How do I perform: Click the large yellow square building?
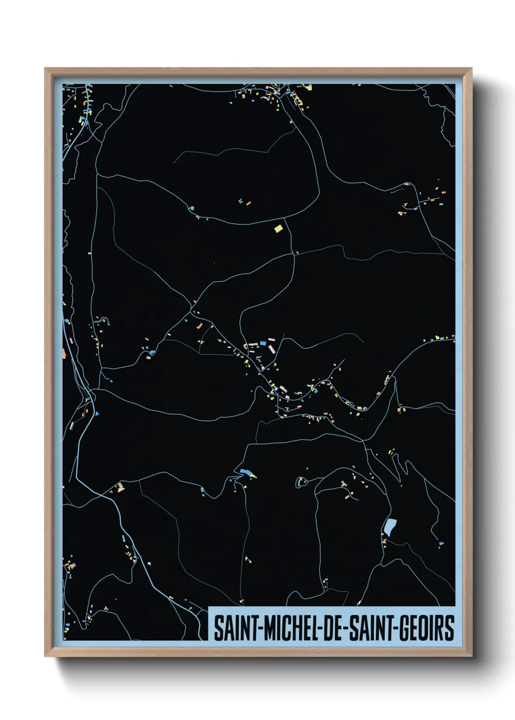pos(278,229)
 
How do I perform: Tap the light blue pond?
pos(390,526)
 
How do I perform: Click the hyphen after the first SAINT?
pos(260,629)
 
